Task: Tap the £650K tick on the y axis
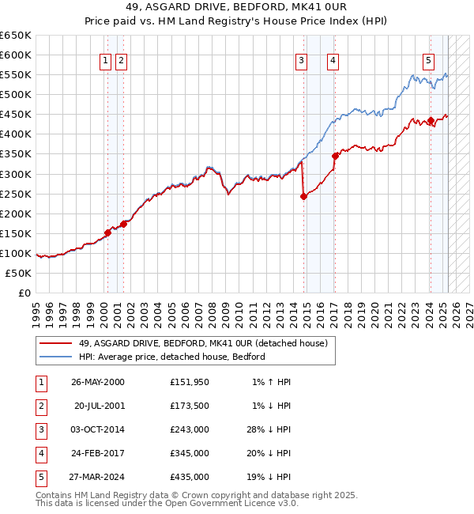coord(16,36)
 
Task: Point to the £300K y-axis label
coord(16,174)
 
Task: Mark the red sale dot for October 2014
coord(303,197)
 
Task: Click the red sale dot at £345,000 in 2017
coord(336,156)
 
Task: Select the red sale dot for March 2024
coord(431,121)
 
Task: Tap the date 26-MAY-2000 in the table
coord(98,382)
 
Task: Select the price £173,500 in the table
coord(190,406)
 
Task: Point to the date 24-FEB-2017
coord(98,453)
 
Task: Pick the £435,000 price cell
coord(190,477)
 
